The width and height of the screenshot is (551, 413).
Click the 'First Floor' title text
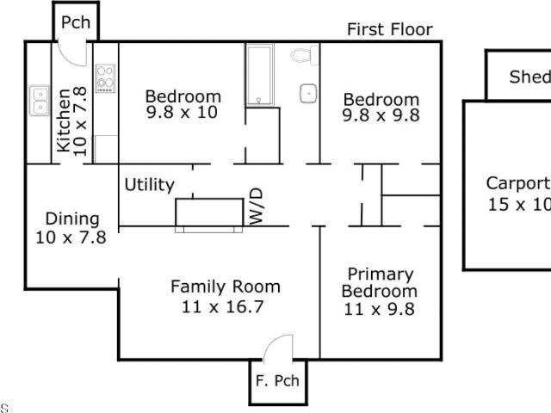click(390, 29)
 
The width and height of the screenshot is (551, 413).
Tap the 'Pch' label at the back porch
click(76, 22)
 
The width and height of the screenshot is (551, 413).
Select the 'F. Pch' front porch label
click(277, 380)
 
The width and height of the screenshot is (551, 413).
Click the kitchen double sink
click(40, 101)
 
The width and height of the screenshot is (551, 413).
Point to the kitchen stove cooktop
click(105, 78)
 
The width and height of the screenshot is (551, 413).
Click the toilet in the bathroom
click(304, 55)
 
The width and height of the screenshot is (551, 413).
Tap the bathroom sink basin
click(308, 94)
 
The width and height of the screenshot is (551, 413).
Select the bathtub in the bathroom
click(259, 75)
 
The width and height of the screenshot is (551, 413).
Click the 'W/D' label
click(257, 206)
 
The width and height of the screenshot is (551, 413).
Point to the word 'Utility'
click(149, 185)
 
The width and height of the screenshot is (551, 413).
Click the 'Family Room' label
click(226, 287)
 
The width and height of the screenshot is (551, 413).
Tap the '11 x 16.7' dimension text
click(223, 307)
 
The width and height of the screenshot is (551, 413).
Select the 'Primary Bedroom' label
click(380, 283)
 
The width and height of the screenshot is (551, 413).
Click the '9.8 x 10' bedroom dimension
click(182, 113)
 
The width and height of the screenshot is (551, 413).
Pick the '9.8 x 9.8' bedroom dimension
click(381, 115)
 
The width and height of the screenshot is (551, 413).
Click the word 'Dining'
click(72, 219)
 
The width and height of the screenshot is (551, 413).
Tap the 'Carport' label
click(518, 183)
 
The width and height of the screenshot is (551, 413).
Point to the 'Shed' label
click(530, 77)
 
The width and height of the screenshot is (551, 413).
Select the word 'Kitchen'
click(64, 120)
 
